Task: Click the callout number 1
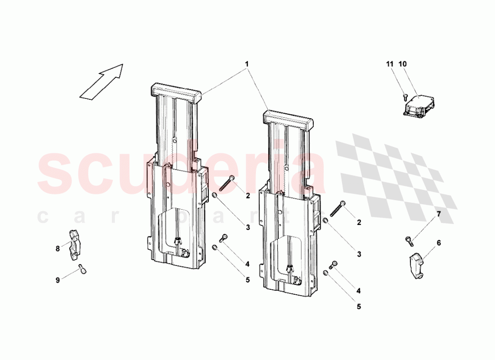pyautogui.click(x=247, y=64)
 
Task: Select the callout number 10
pyautogui.click(x=402, y=64)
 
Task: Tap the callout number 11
pyautogui.click(x=390, y=64)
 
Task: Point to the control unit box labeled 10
pyautogui.click(x=419, y=106)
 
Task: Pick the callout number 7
pyautogui.click(x=439, y=214)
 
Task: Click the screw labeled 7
pyautogui.click(x=409, y=241)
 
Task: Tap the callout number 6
pyautogui.click(x=439, y=243)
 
